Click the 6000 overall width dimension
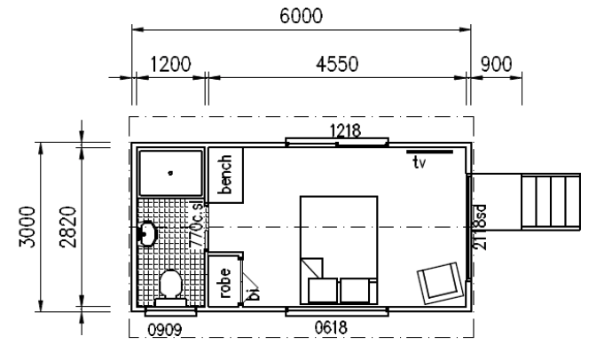click(x=301, y=16)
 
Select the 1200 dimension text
click(x=170, y=65)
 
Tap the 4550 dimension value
click(x=337, y=65)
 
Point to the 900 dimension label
click(x=496, y=65)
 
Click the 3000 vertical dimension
click(x=27, y=227)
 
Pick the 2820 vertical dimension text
click(x=68, y=227)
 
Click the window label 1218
click(x=345, y=131)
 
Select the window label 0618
click(x=331, y=327)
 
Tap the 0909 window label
click(x=165, y=331)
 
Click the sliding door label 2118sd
click(x=480, y=227)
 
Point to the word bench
click(x=225, y=175)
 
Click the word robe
click(x=224, y=282)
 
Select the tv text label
click(x=420, y=162)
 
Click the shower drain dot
click(x=170, y=173)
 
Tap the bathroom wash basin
click(x=147, y=233)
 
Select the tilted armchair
click(x=441, y=283)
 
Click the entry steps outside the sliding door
click(x=551, y=201)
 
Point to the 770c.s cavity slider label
click(x=196, y=223)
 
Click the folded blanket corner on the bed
click(x=311, y=268)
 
